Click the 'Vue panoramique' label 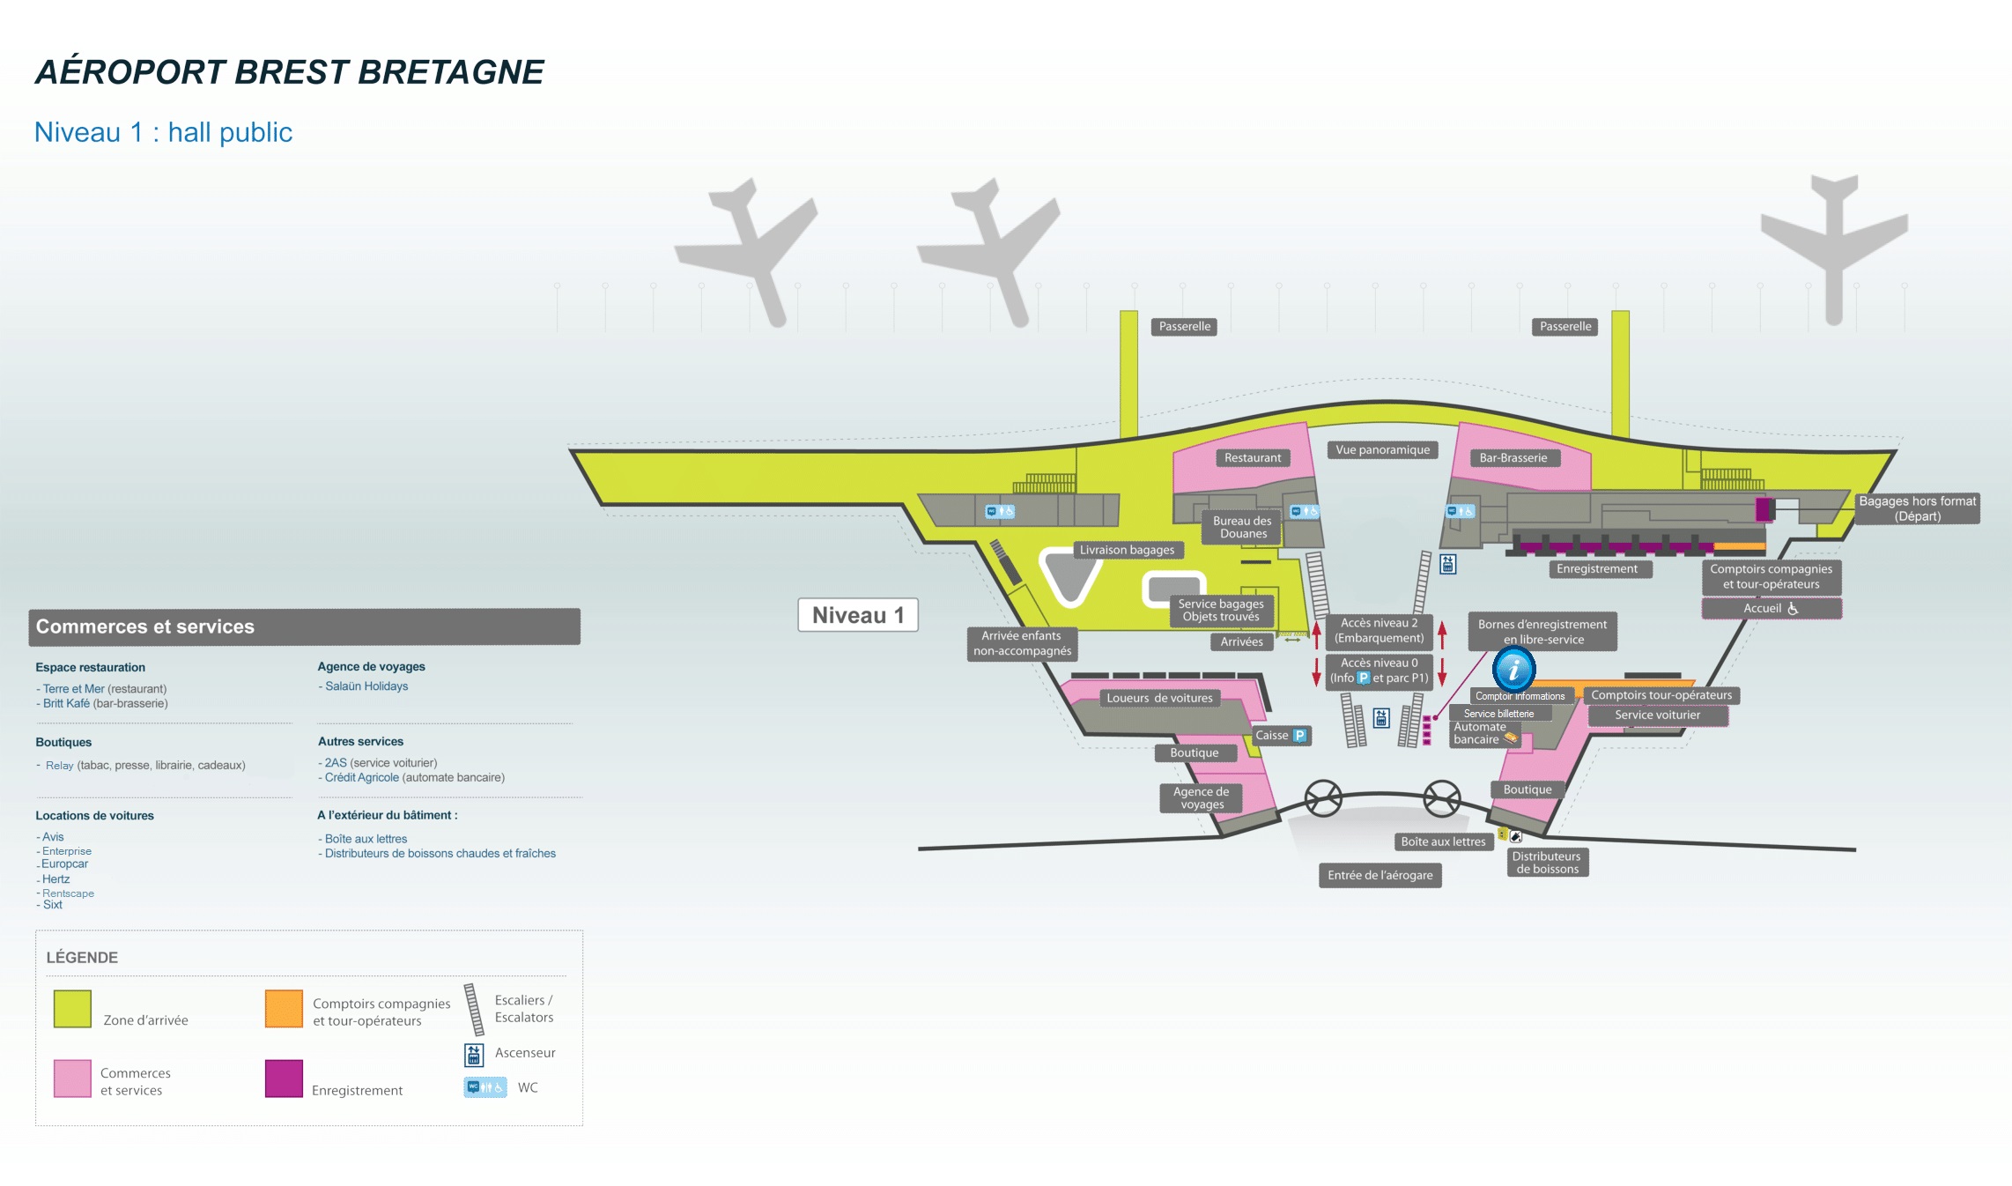[x=1382, y=450]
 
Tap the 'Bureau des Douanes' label [x=1242, y=527]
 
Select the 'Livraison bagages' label [x=1127, y=550]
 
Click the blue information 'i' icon [x=1513, y=670]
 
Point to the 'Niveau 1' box [x=857, y=615]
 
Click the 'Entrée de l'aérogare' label [x=1380, y=875]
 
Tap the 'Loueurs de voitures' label [x=1159, y=698]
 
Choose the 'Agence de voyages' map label [x=1202, y=797]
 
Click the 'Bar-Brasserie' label [x=1513, y=458]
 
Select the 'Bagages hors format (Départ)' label [x=1917, y=508]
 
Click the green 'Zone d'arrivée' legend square [x=72, y=1009]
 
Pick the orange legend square [x=284, y=1009]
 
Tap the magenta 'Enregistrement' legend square [x=284, y=1079]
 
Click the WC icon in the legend [x=485, y=1087]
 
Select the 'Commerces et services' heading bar [x=304, y=626]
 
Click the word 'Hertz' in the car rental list [x=55, y=879]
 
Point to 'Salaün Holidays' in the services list [x=366, y=686]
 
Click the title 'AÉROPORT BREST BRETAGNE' [x=289, y=72]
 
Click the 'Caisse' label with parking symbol [x=1280, y=736]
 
